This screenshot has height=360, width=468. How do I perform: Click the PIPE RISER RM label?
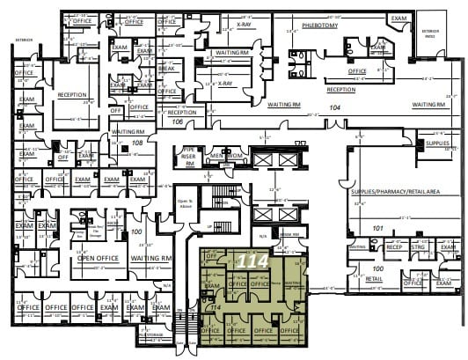[187, 156]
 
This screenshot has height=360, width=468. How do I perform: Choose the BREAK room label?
[166, 70]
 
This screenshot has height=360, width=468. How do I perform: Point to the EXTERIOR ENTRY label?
[430, 33]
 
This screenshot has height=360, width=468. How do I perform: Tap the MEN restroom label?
[216, 156]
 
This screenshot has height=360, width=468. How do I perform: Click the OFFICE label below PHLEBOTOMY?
[356, 71]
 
